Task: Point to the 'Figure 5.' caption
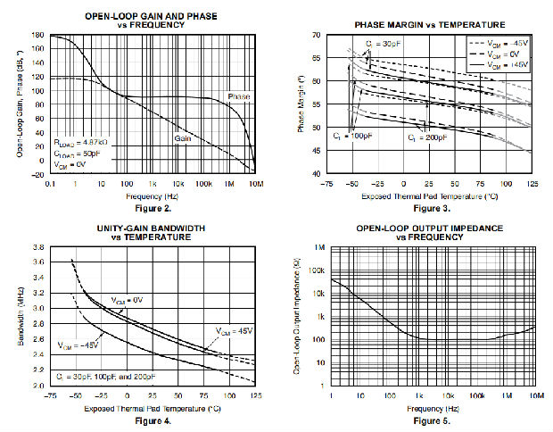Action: click(433, 420)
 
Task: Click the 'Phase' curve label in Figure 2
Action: click(238, 96)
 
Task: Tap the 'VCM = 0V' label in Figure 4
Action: click(128, 299)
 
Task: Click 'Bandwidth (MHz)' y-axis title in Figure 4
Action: click(21, 315)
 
